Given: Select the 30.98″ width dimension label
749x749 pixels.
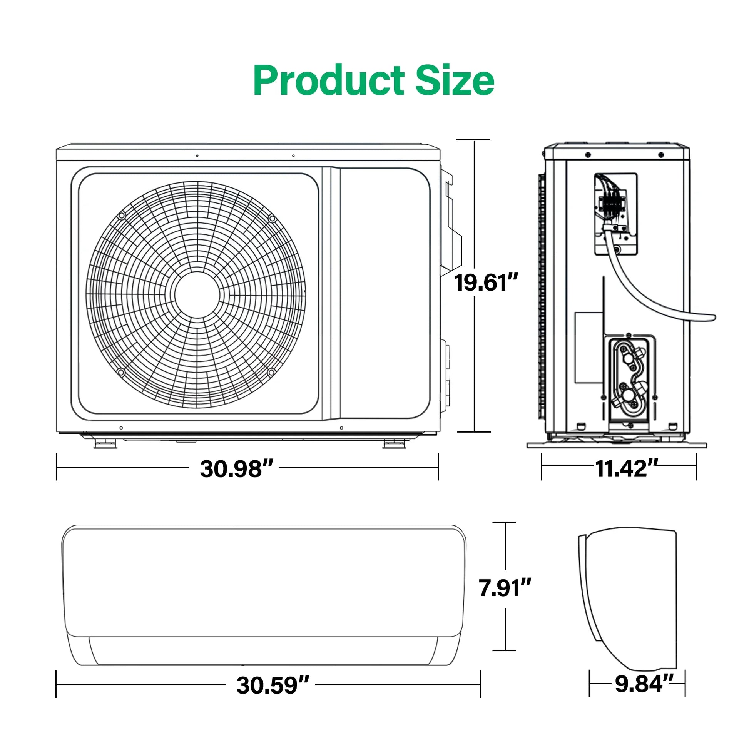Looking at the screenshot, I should tap(236, 469).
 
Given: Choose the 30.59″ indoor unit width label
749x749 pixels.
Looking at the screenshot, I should tap(273, 685).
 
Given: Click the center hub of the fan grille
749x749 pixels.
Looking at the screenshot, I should tap(197, 295).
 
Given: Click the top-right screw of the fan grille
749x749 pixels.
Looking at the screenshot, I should tap(272, 219).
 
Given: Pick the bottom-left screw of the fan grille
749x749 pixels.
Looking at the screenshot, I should tap(121, 373).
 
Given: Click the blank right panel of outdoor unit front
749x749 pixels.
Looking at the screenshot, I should tap(384, 293).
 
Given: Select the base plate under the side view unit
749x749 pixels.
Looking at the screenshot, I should tap(617, 445).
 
